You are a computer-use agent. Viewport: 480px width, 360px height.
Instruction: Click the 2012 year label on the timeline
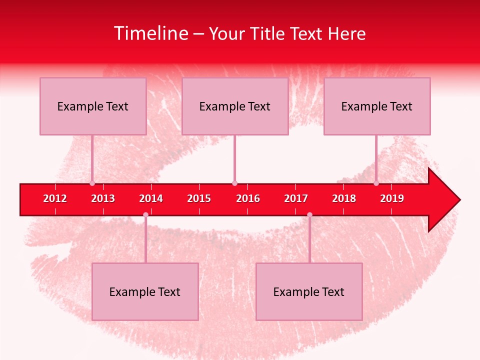tap(55, 198)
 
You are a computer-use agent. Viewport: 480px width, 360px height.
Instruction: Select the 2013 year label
tap(103, 198)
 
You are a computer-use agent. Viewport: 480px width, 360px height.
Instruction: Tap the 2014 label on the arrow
tap(151, 198)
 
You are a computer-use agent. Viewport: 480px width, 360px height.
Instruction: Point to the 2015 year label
tap(199, 198)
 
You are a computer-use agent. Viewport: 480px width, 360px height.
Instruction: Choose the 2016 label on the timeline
tap(248, 198)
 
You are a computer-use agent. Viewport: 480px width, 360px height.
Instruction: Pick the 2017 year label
tap(296, 198)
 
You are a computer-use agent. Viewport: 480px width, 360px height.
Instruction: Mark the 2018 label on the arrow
tap(344, 198)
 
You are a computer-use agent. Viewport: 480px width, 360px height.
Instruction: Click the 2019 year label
tap(392, 198)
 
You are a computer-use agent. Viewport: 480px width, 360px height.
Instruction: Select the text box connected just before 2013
tap(93, 106)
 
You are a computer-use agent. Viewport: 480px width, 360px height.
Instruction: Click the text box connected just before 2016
tap(235, 106)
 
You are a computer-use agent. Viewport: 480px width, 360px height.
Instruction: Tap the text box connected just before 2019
tap(377, 106)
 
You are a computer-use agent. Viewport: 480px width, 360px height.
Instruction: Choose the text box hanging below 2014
tap(145, 291)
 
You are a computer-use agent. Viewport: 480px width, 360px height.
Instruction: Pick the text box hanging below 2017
tap(309, 291)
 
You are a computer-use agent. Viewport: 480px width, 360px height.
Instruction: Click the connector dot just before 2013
tap(92, 183)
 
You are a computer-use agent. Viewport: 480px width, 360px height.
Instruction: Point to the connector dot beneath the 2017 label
tap(309, 215)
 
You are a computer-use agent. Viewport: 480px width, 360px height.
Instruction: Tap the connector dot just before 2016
tap(234, 183)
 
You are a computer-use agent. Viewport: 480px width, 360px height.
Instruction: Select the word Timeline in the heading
tap(151, 33)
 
